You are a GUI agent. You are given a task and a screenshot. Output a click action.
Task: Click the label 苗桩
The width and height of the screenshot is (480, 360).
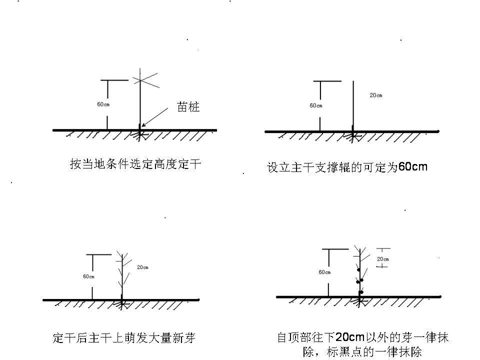[188, 106]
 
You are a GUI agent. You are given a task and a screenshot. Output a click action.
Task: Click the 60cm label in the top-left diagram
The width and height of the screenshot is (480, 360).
[103, 104]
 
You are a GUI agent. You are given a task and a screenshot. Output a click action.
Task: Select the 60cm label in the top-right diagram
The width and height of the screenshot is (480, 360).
[316, 105]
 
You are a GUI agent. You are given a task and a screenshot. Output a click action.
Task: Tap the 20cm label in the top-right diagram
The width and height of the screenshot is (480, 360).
[376, 95]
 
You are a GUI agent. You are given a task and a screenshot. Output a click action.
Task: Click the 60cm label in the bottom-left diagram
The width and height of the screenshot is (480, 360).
[89, 276]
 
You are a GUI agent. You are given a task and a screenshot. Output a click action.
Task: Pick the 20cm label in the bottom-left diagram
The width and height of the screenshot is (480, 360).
[142, 267]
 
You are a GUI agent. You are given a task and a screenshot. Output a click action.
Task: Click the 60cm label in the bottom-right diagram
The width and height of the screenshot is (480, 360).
[324, 272]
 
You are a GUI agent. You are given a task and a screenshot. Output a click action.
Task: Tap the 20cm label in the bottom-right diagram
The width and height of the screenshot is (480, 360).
[383, 259]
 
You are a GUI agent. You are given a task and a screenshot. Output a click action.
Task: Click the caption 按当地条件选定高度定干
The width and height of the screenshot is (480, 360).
[135, 164]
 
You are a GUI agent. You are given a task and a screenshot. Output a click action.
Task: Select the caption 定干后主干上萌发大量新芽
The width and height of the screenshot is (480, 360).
[123, 338]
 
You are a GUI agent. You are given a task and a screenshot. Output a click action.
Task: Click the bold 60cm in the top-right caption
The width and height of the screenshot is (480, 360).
[413, 166]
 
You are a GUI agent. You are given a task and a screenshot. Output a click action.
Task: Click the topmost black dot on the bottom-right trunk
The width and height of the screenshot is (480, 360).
[358, 270]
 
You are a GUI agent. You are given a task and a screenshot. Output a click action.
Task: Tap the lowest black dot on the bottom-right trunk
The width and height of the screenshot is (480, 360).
[361, 292]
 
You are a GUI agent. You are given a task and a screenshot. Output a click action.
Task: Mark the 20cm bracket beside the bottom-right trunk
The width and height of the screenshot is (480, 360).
[382, 257]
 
